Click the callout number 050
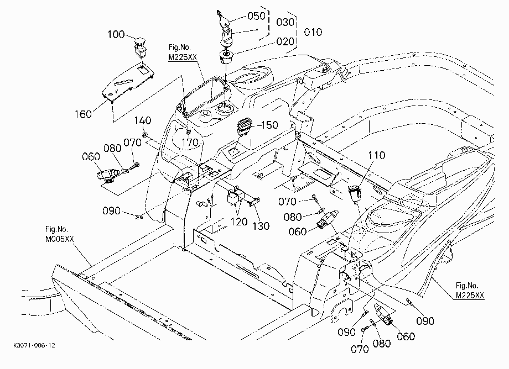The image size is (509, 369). click(x=257, y=16)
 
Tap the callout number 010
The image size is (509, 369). click(x=313, y=32)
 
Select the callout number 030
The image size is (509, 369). click(x=285, y=22)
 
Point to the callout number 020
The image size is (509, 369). click(x=285, y=41)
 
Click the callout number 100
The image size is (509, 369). click(x=116, y=34)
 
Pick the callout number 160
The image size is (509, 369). click(x=83, y=114)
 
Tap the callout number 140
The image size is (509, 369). click(x=143, y=120)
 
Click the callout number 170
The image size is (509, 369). click(x=190, y=142)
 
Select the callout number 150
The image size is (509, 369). click(x=269, y=125)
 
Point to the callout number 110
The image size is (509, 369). click(x=377, y=156)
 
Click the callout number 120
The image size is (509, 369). click(x=239, y=222)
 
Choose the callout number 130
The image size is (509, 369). click(x=261, y=226)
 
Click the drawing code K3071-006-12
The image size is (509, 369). click(x=34, y=345)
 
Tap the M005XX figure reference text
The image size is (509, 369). click(x=59, y=239)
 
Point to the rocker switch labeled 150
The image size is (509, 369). click(x=244, y=127)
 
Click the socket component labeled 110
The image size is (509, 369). click(x=355, y=194)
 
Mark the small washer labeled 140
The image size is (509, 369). click(x=145, y=134)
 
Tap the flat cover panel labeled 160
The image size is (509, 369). click(x=128, y=83)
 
